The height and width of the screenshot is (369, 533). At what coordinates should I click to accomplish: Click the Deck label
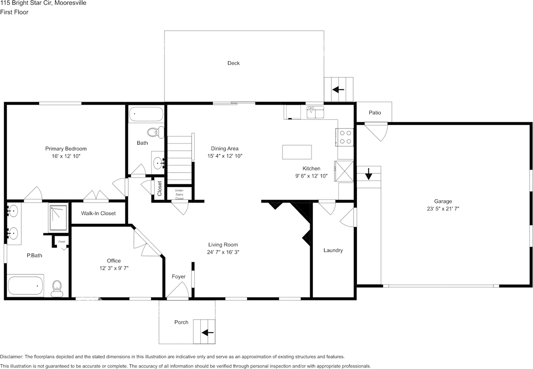pyautogui.click(x=233, y=63)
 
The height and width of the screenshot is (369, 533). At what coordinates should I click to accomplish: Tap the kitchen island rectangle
pyautogui.click(x=296, y=152)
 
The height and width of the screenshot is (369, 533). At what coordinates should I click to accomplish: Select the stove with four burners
pyautogui.click(x=345, y=137)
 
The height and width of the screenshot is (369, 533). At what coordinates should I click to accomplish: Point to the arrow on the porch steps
pyautogui.click(x=207, y=332)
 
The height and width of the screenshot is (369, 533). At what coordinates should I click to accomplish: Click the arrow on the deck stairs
pyautogui.click(x=338, y=89)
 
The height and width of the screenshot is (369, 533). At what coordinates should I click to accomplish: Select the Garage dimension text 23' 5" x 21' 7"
pyautogui.click(x=443, y=209)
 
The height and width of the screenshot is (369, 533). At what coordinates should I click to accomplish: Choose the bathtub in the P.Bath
pyautogui.click(x=25, y=285)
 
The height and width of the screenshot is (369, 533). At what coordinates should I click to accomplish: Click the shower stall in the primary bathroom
pyautogui.click(x=58, y=217)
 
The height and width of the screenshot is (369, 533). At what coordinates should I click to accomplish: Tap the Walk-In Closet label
pyautogui.click(x=98, y=213)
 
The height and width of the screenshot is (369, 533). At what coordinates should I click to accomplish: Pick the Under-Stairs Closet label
pyautogui.click(x=179, y=194)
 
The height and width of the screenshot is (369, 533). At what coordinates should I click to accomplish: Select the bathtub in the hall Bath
pyautogui.click(x=146, y=114)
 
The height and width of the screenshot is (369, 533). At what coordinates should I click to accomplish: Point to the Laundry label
pyautogui.click(x=333, y=250)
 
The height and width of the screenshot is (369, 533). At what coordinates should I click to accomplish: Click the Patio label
pyautogui.click(x=375, y=113)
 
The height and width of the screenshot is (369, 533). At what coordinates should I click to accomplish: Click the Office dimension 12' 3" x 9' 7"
pyautogui.click(x=111, y=268)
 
